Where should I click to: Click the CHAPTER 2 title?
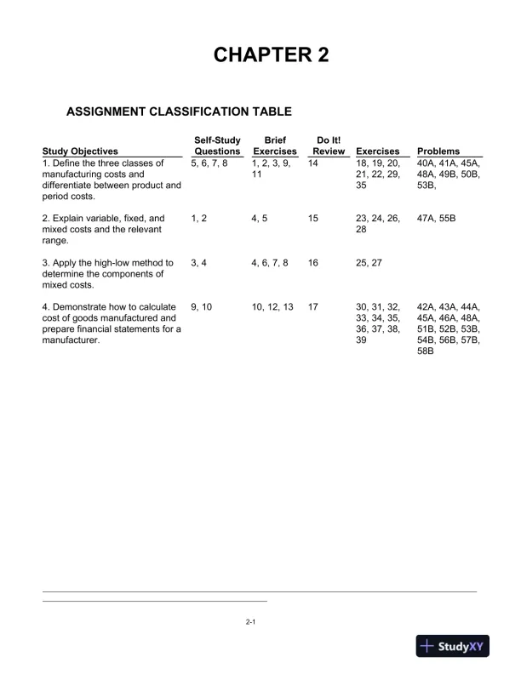click(271, 55)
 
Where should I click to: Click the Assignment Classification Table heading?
click(179, 111)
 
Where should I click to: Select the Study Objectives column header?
click(80, 151)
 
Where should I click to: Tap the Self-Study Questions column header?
click(217, 146)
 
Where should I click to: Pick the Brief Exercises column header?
click(275, 146)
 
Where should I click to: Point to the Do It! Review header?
click(329, 146)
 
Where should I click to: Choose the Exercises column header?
click(377, 151)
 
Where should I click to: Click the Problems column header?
click(438, 151)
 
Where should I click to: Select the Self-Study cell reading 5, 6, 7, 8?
click(209, 163)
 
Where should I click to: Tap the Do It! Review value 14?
click(313, 163)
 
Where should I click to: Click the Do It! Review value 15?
click(313, 219)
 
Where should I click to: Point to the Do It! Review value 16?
click(313, 264)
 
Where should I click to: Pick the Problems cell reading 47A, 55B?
click(437, 219)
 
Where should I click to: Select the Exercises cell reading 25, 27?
click(369, 264)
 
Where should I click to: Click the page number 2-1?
click(251, 623)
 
